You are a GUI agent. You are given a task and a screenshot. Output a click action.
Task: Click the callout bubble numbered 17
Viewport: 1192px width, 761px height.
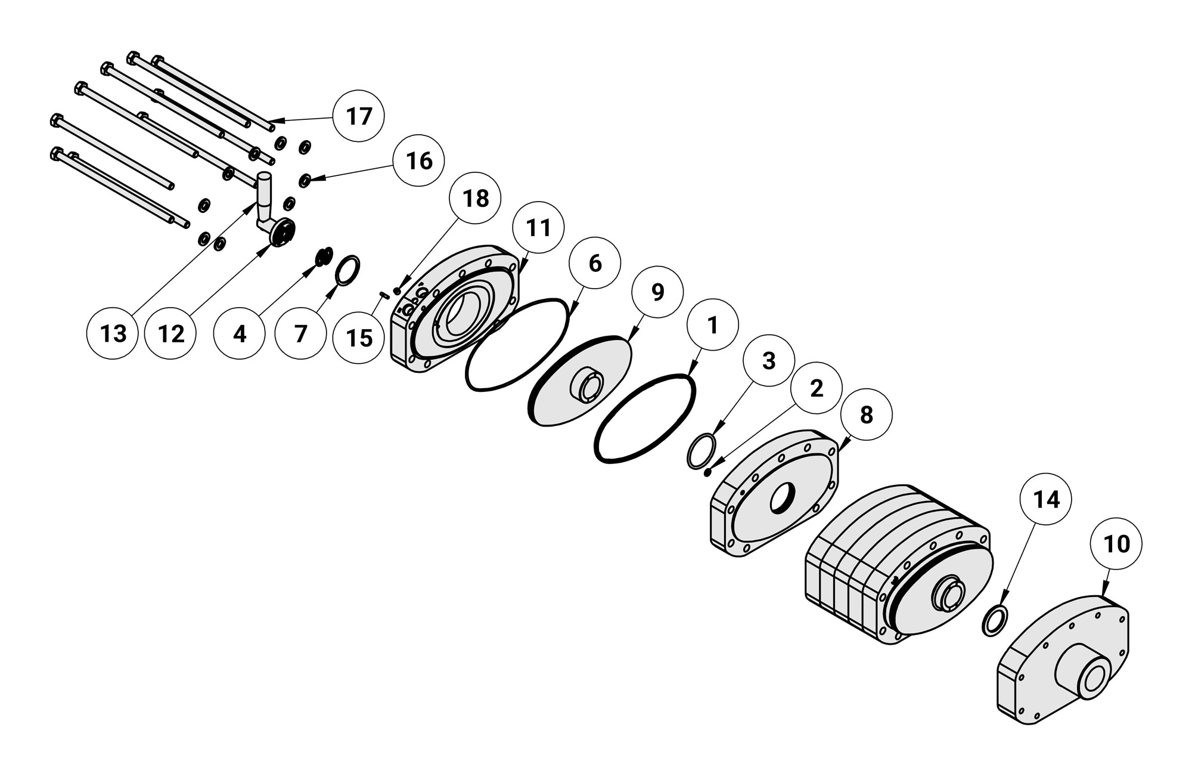click(x=359, y=116)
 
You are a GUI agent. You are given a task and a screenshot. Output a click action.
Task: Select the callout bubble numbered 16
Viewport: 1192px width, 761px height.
click(x=419, y=161)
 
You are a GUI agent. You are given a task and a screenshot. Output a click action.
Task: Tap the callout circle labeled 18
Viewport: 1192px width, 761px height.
click(x=475, y=199)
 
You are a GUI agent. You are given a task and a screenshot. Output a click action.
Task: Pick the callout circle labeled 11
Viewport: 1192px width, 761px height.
click(x=538, y=228)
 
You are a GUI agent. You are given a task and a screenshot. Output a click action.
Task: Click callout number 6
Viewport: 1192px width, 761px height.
click(x=595, y=263)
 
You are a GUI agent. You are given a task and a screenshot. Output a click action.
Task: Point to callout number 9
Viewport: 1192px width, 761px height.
click(x=657, y=292)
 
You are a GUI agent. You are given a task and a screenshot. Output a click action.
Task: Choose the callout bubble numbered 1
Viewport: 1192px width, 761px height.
click(x=712, y=325)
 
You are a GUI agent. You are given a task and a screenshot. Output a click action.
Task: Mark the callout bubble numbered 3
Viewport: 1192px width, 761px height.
click(x=769, y=360)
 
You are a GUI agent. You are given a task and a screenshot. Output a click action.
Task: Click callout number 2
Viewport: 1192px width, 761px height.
click(x=816, y=388)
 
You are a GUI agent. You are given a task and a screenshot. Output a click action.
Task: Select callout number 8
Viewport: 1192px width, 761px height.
click(x=867, y=414)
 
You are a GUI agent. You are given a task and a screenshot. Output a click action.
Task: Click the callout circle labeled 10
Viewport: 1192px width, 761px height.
click(x=1116, y=544)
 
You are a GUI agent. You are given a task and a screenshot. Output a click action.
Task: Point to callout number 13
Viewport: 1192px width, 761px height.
click(x=113, y=333)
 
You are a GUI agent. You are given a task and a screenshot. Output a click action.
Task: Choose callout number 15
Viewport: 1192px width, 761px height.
click(x=359, y=337)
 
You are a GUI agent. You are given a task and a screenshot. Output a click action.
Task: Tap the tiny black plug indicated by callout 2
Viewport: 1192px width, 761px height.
click(x=707, y=473)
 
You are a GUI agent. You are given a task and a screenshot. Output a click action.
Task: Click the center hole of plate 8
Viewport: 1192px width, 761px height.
click(x=783, y=499)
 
